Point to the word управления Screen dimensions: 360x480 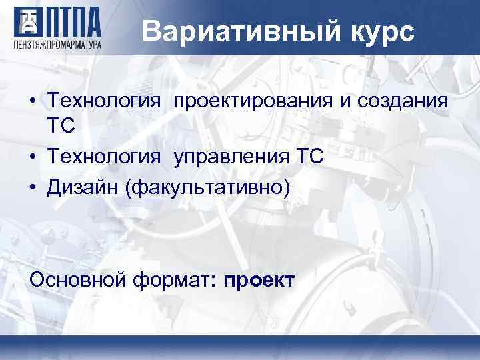coord(231,157)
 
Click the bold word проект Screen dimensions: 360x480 coord(259,280)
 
